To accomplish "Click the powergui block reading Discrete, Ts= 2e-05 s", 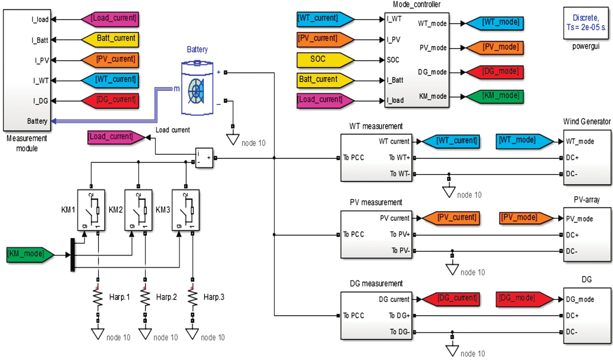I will tap(586, 23).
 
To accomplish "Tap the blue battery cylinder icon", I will tap(197, 89).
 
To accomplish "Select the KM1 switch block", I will tap(91, 210).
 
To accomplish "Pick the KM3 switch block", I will tap(186, 210).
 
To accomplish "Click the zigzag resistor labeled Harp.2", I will tap(145, 298).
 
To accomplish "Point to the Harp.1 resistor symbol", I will tap(98, 298).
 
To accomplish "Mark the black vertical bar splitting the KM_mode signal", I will tap(73, 255).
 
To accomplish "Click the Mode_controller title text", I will tap(416, 4).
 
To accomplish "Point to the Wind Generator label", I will tap(586, 122).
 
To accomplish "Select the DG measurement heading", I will tap(376, 283).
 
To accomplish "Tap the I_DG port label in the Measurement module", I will tap(40, 101).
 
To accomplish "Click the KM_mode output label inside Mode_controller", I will tap(432, 96).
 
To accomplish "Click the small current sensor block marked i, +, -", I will tap(204, 158).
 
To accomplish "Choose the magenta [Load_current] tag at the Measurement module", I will tap(111, 19).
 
